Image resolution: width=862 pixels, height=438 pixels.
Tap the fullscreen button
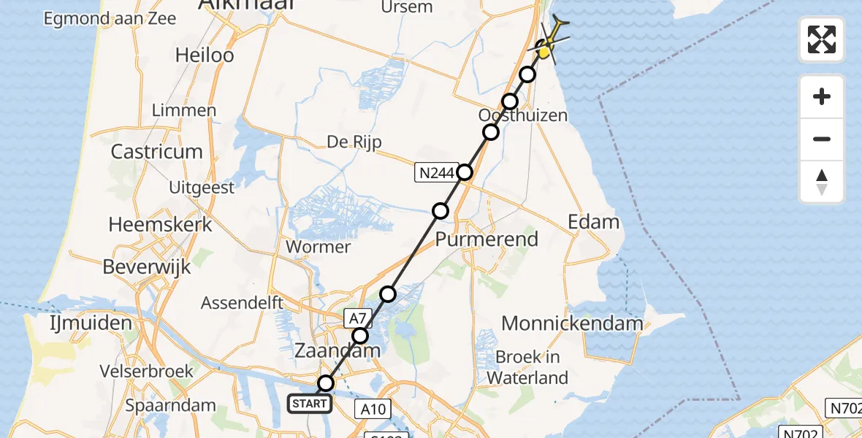coord(822,39)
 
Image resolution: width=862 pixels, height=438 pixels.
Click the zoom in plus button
coord(822,96)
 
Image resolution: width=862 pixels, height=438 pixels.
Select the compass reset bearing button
coord(822,182)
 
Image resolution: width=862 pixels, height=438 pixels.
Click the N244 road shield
coord(436,173)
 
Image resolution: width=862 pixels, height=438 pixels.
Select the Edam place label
coord(593,222)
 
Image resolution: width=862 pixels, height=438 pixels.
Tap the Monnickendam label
coord(573,323)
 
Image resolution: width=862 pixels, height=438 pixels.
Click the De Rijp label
coord(355,142)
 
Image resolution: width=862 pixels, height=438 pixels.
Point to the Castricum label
coord(156,152)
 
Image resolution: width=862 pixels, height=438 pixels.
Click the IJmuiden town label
coord(70,323)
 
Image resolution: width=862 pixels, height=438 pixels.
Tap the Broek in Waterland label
coord(527,367)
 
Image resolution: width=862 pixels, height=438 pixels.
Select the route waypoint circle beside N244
coord(465,172)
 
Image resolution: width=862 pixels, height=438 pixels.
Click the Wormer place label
coord(319,247)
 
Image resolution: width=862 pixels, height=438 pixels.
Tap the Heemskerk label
coord(160,224)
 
